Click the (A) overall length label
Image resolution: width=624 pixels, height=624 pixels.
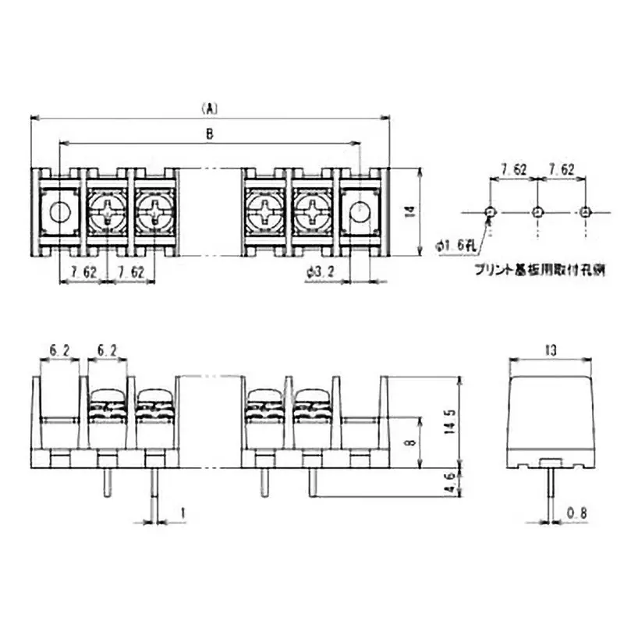coord(209,107)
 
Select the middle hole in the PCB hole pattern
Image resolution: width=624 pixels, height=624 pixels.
coord(537,211)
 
